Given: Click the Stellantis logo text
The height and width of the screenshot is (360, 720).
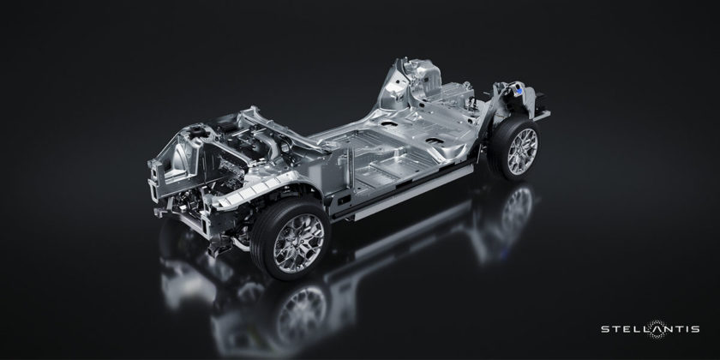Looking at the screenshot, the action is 651,329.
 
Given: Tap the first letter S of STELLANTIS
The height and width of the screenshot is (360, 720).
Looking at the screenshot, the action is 604,329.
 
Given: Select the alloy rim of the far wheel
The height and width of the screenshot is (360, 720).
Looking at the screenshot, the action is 522,152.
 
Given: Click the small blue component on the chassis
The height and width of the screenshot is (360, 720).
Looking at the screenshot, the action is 519,92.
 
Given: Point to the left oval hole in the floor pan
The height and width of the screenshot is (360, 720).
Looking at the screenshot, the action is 388,123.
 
